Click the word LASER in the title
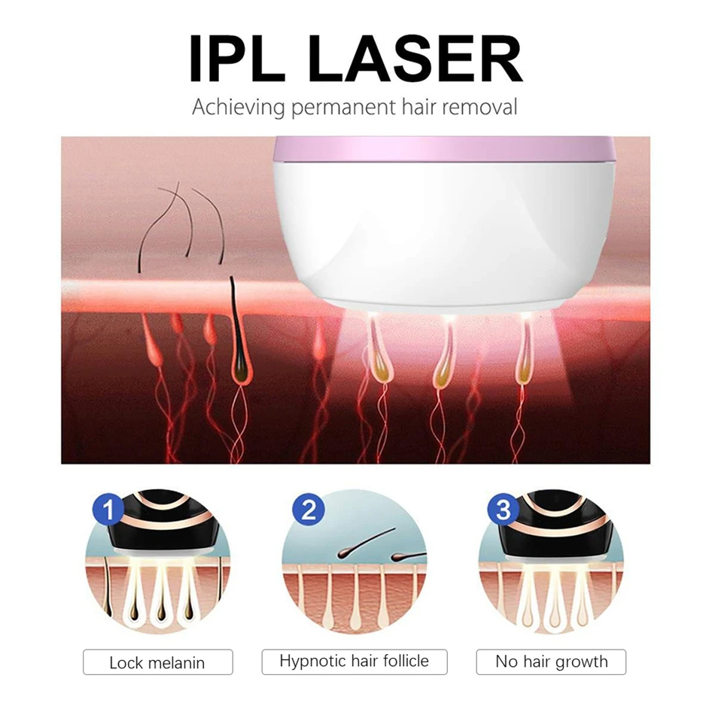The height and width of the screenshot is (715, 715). click(x=415, y=58)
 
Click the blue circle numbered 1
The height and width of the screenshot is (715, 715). click(x=111, y=511)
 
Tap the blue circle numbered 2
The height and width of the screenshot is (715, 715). click(x=308, y=511)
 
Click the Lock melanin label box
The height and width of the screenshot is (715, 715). click(x=157, y=662)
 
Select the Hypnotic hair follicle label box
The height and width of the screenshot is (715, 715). click(x=354, y=662)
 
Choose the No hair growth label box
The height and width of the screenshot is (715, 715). click(x=551, y=662)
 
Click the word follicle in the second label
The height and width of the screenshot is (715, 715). click(x=404, y=662)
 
